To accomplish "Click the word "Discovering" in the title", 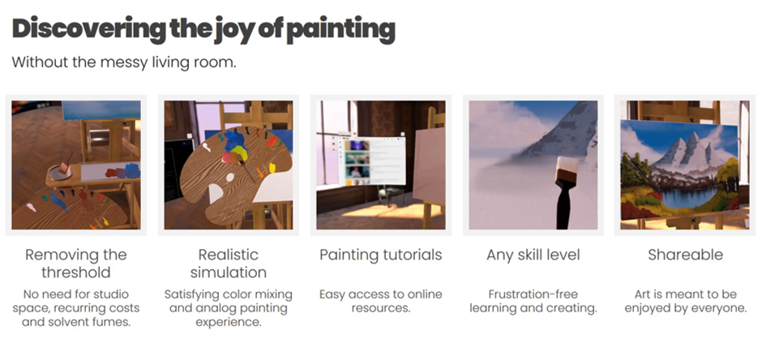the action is click(89, 30).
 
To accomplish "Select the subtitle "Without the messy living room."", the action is click(124, 62).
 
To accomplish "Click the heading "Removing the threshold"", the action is click(76, 263).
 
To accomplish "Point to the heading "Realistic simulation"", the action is click(229, 263).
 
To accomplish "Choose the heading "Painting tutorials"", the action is click(380, 255).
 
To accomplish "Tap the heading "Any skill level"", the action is click(533, 255).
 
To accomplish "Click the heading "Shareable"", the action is click(685, 255).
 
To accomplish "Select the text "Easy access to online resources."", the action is click(380, 301).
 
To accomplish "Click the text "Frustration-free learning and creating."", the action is click(533, 301).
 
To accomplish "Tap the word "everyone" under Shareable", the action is click(717, 308).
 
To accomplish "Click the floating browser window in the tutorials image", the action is click(371, 161).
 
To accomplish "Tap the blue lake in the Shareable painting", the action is click(688, 197).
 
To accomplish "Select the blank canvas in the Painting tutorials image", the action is click(429, 166).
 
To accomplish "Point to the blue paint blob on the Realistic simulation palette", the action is click(236, 144).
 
